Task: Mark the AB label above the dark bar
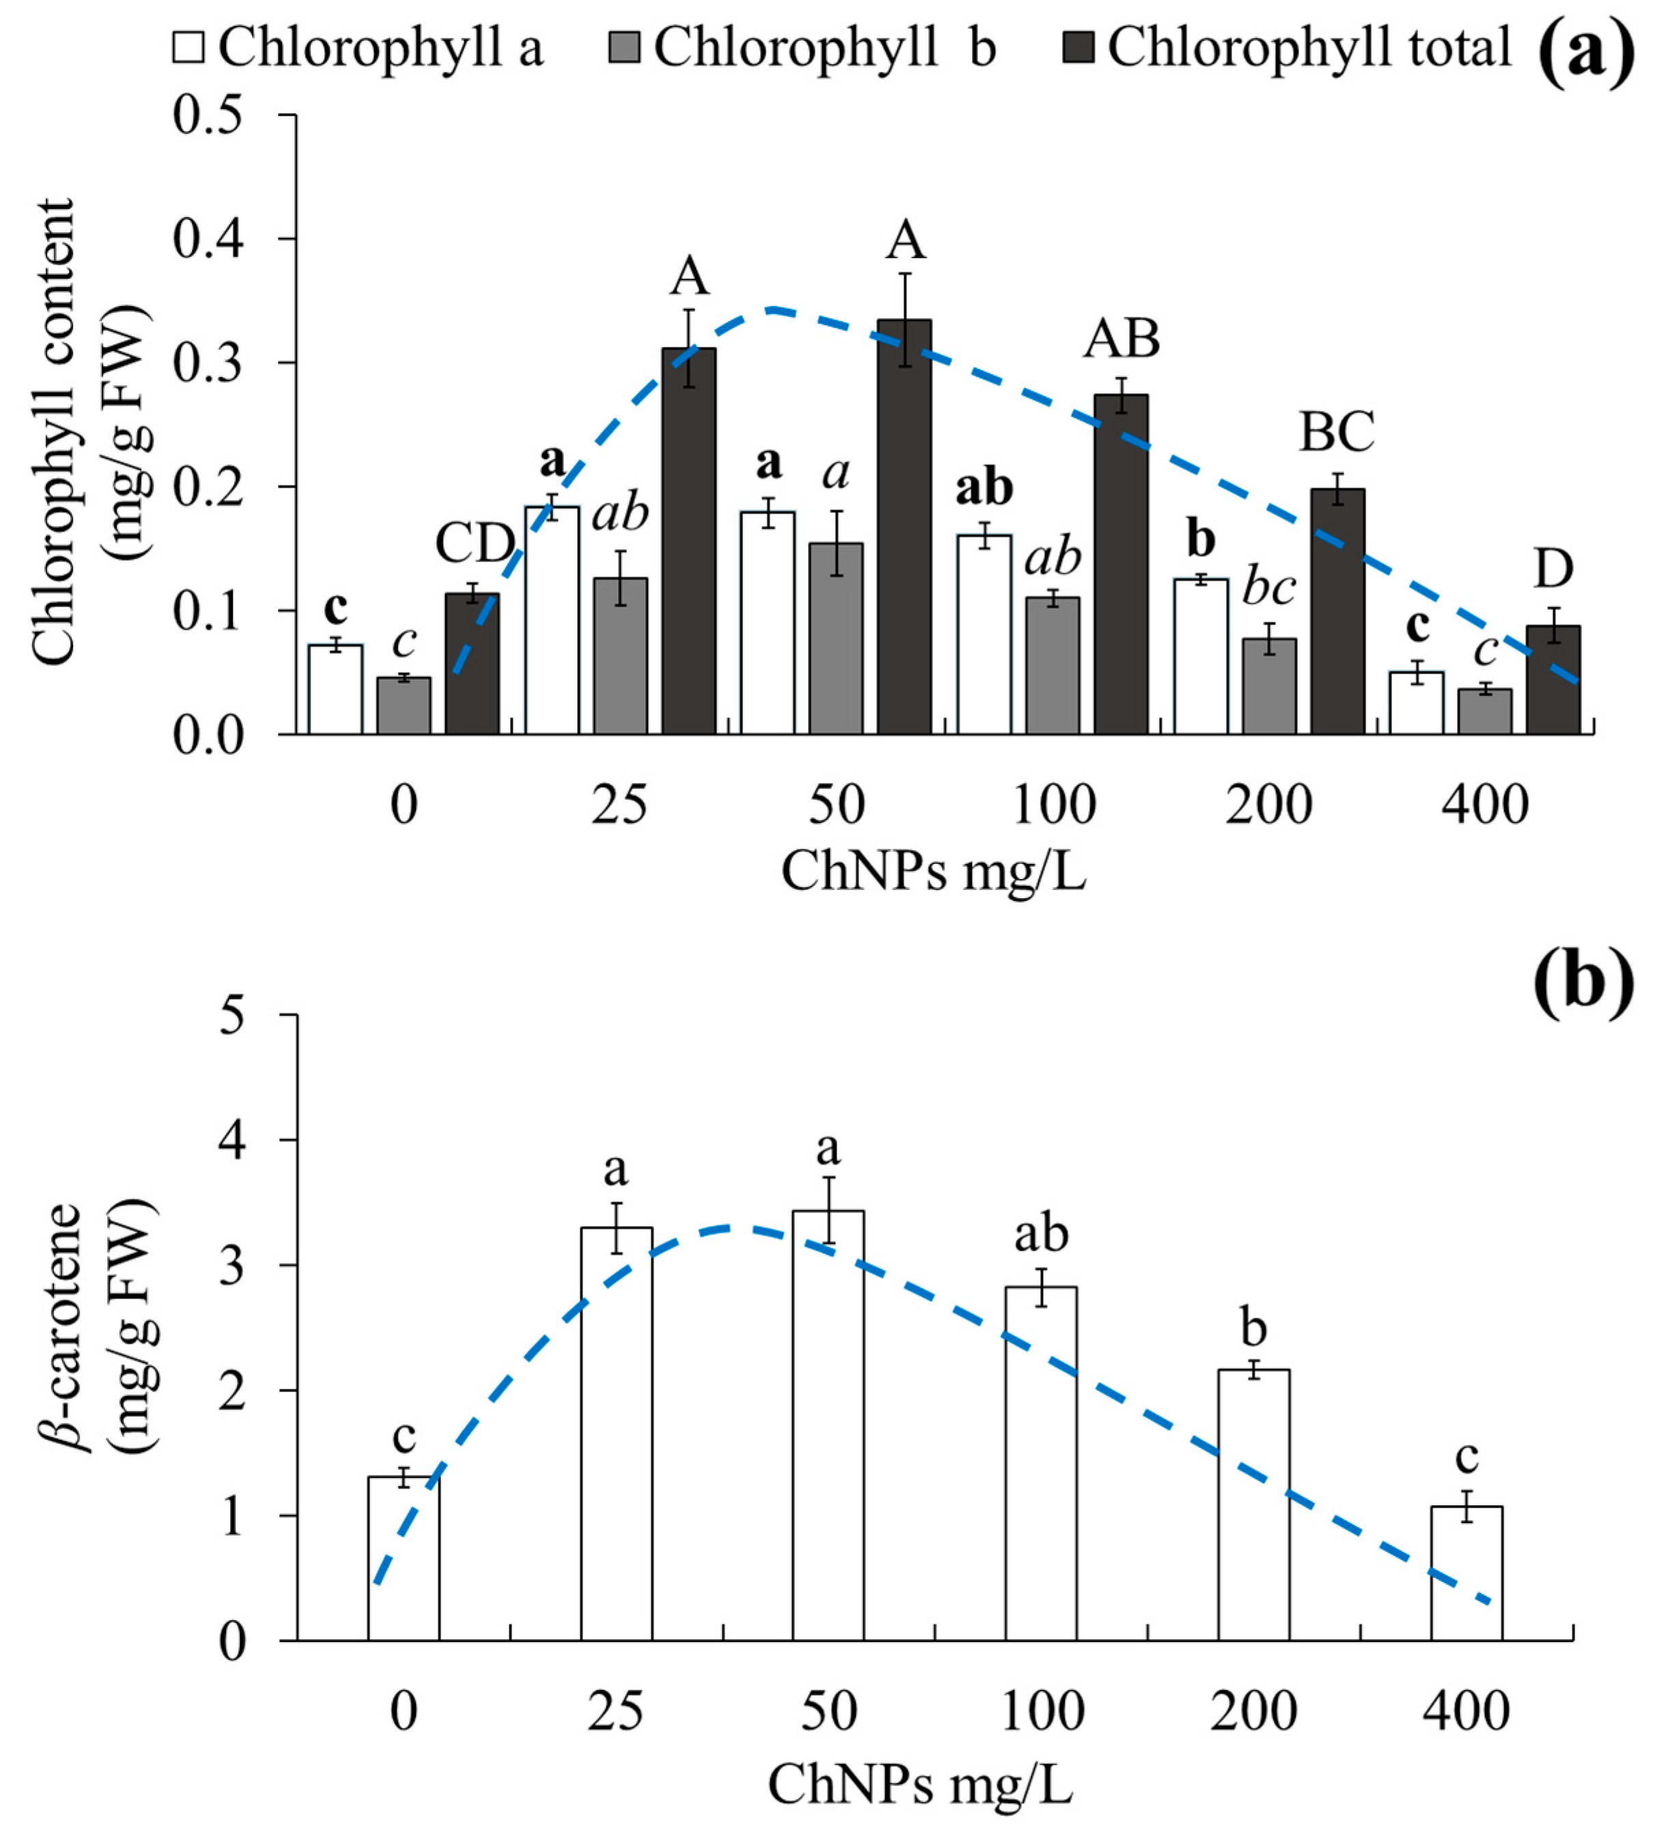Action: pyautogui.click(x=1122, y=339)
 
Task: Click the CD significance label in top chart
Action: pyautogui.click(x=473, y=544)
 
